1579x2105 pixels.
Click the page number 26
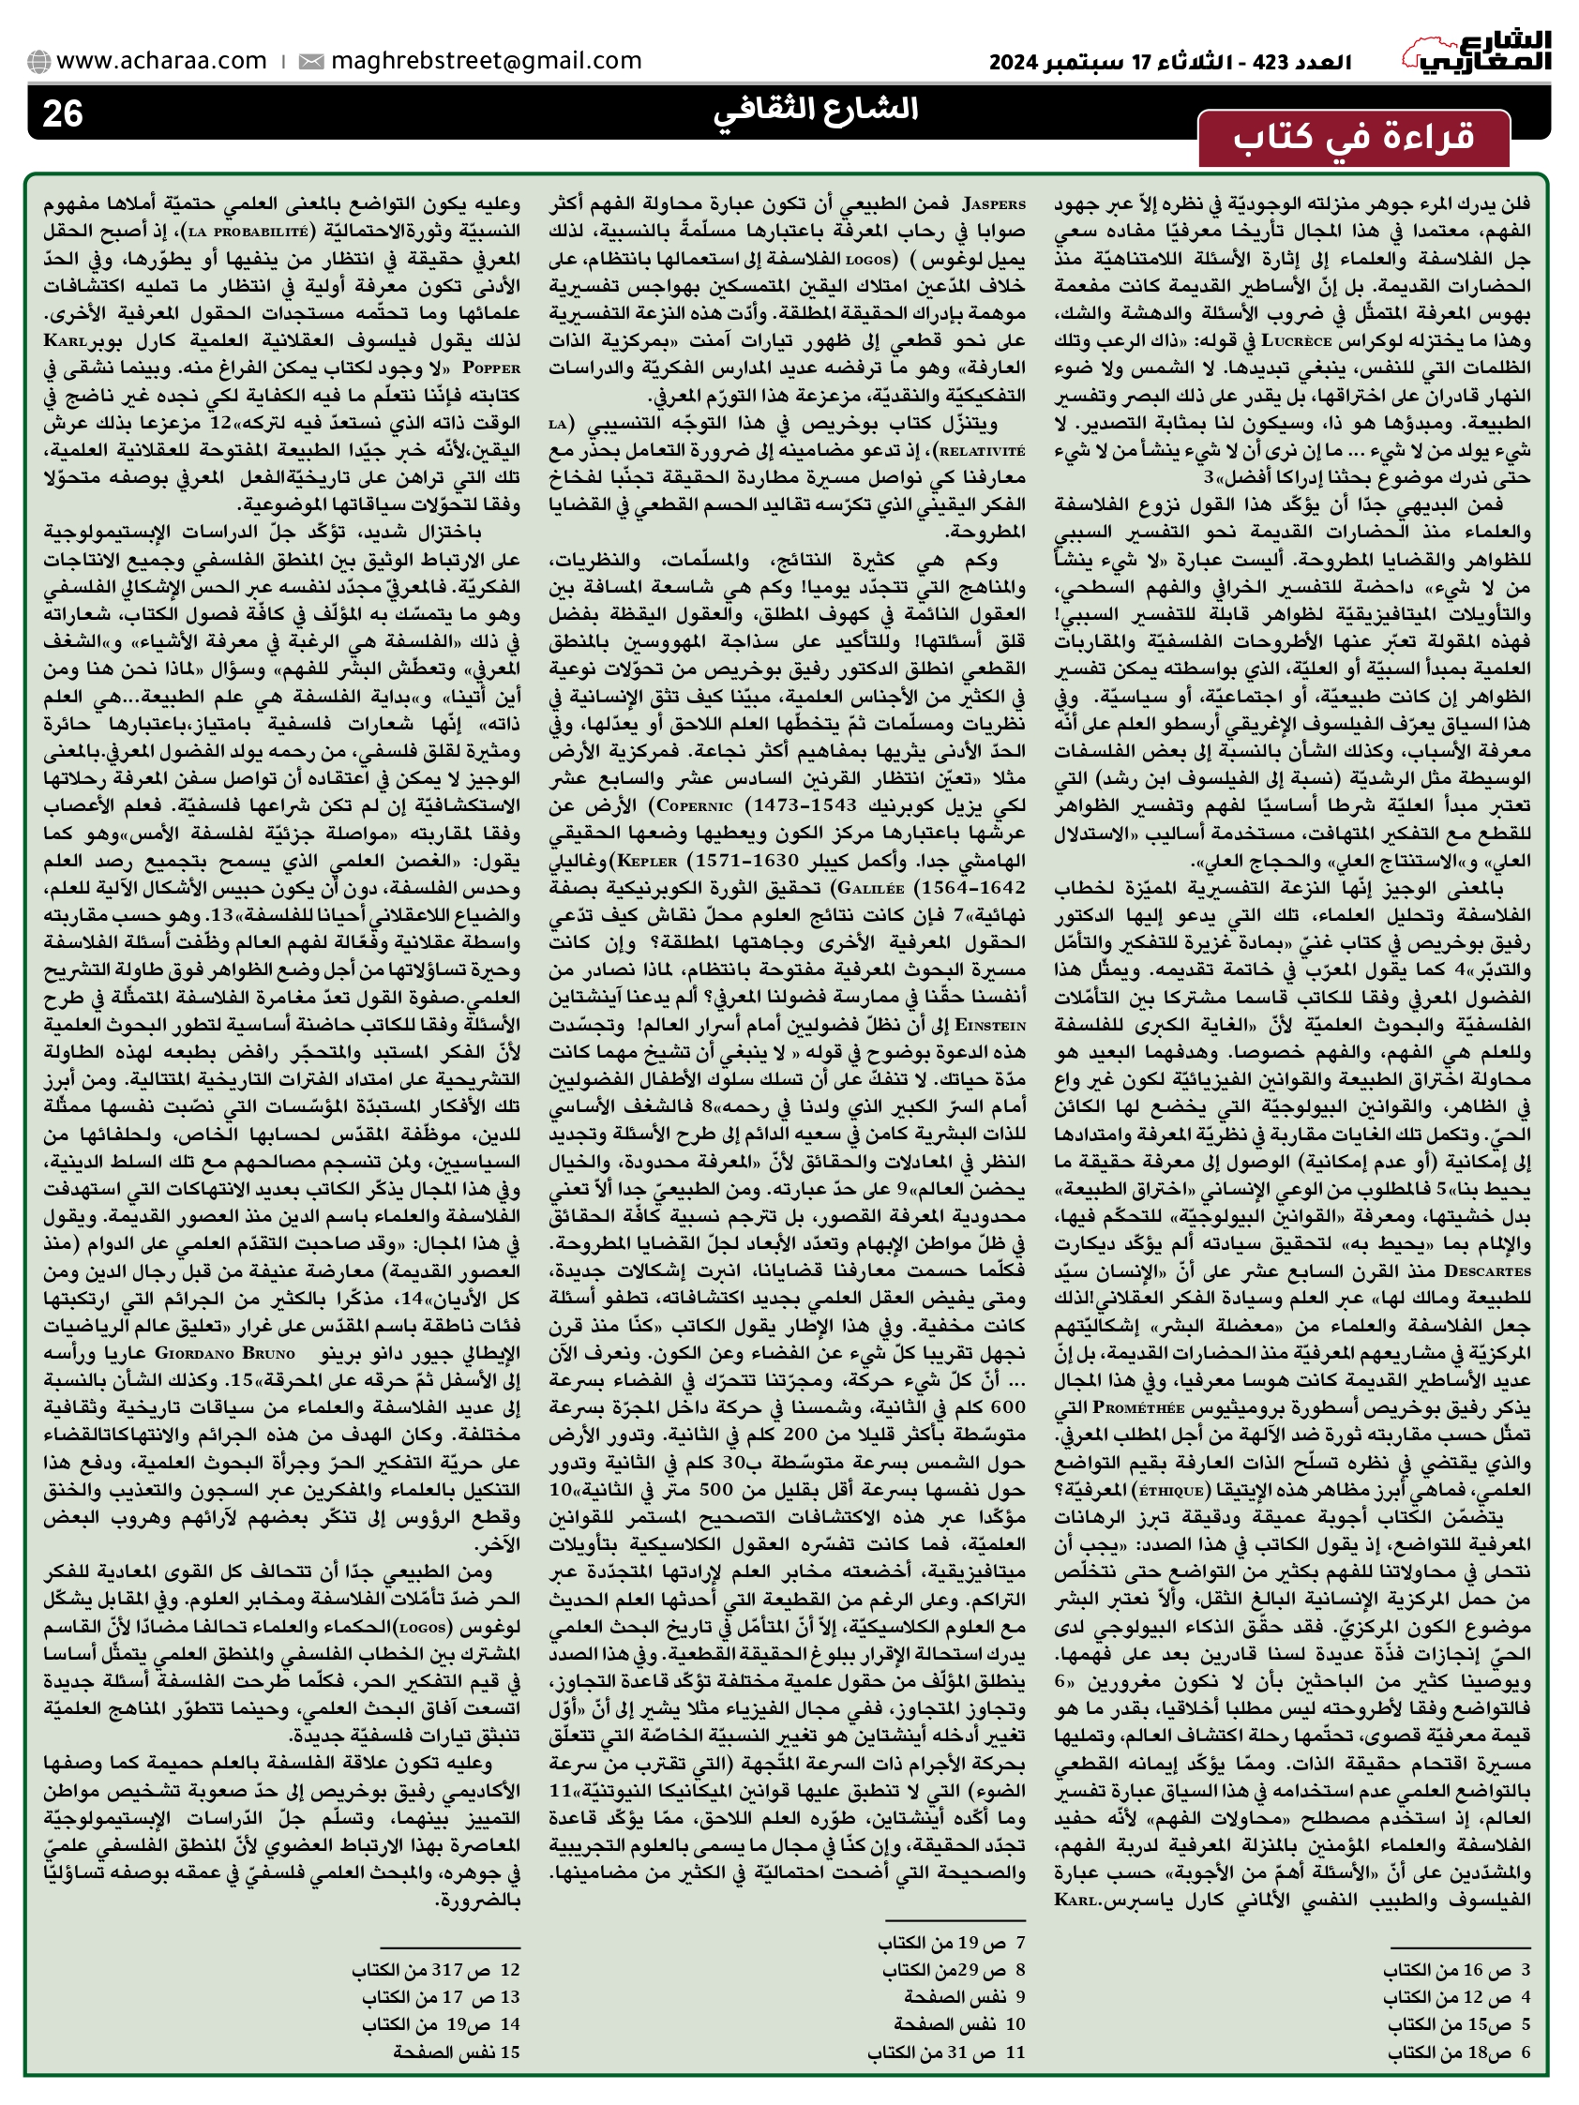click(63, 114)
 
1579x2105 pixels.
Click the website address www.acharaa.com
click(161, 61)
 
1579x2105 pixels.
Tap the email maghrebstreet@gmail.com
click(486, 61)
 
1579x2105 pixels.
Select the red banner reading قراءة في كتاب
click(1352, 138)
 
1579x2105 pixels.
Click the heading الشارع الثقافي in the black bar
click(816, 111)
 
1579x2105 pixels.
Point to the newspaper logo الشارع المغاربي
click(1476, 53)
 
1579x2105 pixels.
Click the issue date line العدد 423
click(1170, 63)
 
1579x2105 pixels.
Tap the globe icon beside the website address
click(39, 62)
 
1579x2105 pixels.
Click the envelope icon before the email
click(310, 62)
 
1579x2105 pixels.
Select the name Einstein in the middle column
click(990, 1025)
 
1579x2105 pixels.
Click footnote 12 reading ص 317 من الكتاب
click(437, 1969)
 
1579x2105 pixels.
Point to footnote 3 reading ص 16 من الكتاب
click(1456, 1969)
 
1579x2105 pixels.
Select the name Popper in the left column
click(491, 368)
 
